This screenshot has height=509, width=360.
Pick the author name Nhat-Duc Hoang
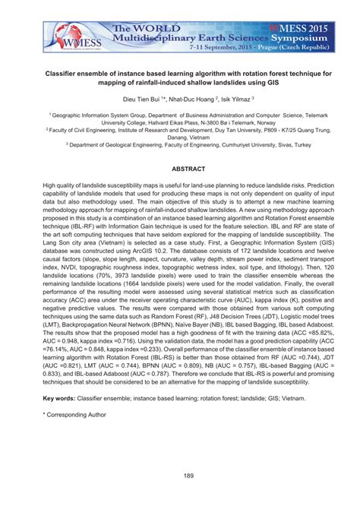click(x=193, y=99)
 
